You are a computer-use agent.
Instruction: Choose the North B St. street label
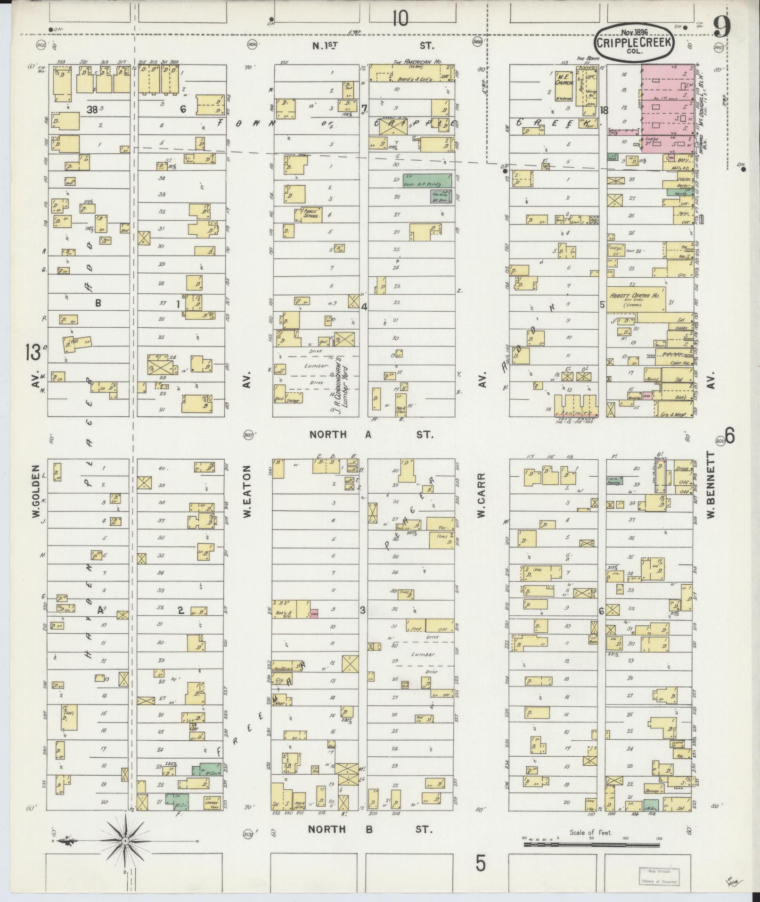(x=370, y=829)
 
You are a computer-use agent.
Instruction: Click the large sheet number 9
(x=722, y=27)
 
